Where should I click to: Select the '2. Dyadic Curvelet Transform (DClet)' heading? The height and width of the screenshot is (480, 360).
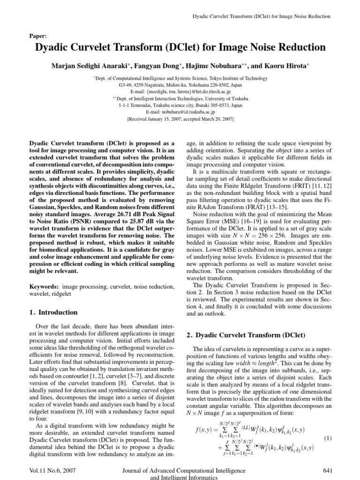[246, 335]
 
